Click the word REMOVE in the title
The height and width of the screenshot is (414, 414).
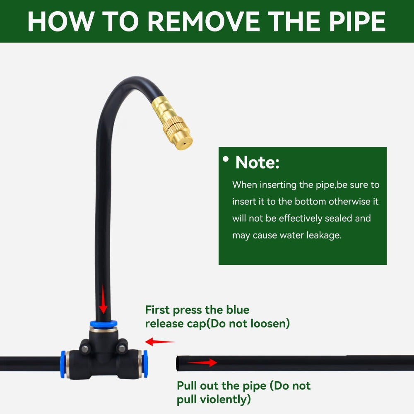click(204, 22)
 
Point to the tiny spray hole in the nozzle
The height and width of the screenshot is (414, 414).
click(185, 144)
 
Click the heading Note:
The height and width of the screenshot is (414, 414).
click(258, 162)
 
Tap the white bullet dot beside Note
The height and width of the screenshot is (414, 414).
click(226, 159)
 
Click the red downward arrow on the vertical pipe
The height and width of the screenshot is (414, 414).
click(103, 299)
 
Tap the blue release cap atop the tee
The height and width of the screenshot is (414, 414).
click(103, 324)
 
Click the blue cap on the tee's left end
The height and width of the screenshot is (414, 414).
click(63, 364)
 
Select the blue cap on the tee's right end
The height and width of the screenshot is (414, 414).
click(144, 364)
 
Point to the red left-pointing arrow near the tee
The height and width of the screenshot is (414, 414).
click(160, 342)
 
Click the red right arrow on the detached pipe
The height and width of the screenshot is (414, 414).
click(202, 363)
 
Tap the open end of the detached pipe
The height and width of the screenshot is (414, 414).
click(178, 363)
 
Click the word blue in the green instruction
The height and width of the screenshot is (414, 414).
click(238, 310)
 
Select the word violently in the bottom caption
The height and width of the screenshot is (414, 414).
click(225, 400)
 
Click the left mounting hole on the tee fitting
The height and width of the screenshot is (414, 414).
click(85, 349)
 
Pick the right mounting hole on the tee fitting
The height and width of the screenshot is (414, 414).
click(122, 349)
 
